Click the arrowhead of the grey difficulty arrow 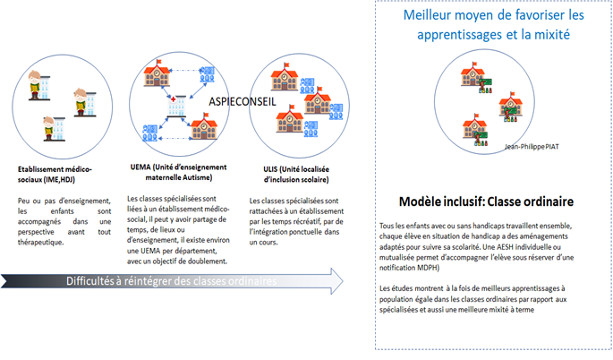[338, 280]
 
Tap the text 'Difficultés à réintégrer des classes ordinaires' [171, 281]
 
